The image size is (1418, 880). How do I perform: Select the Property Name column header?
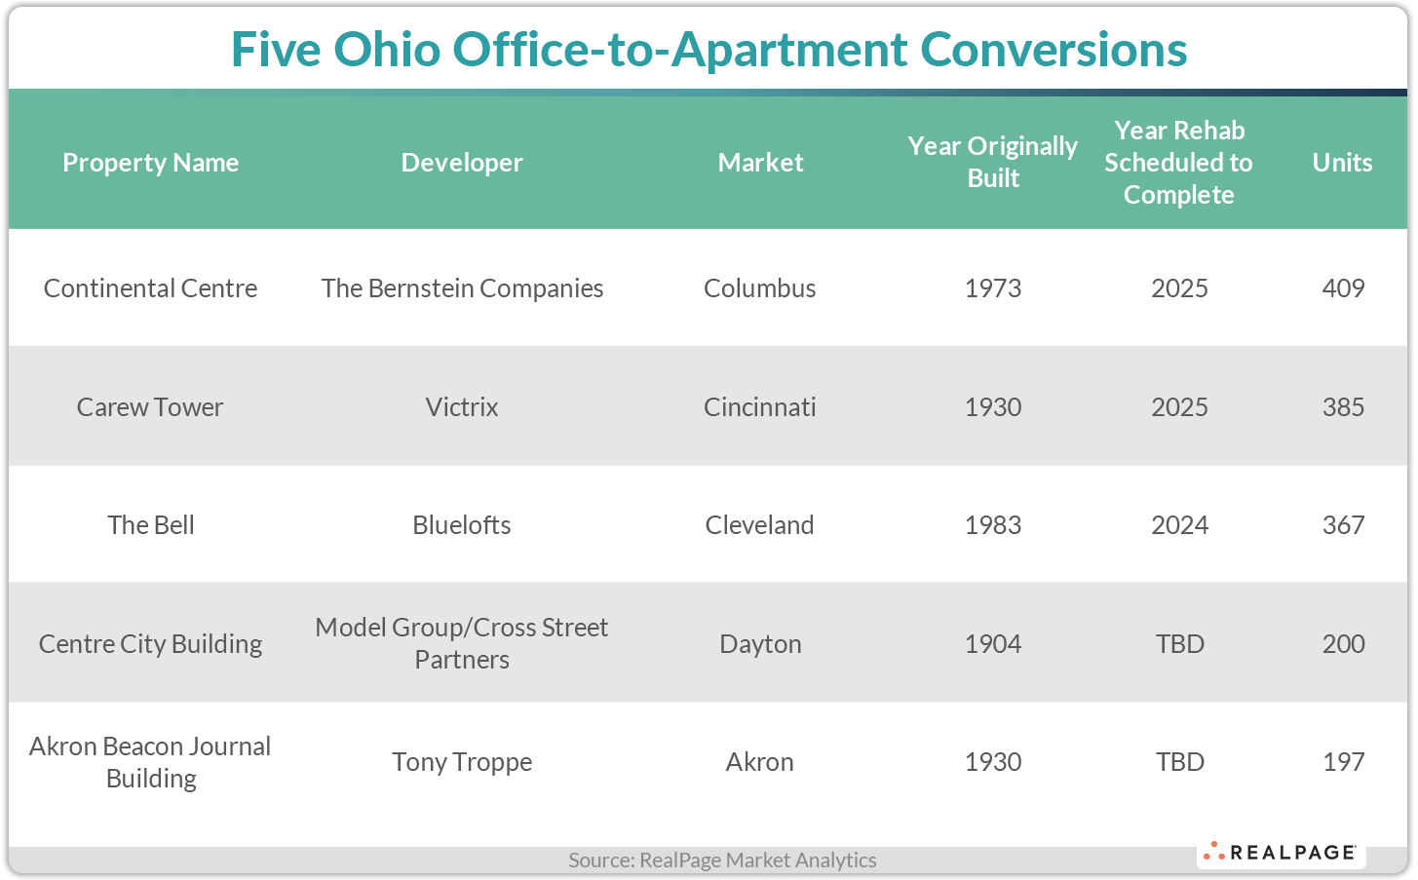coord(151,163)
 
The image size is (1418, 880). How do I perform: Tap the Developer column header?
coord(462,163)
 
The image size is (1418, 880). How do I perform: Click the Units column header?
coord(1342,163)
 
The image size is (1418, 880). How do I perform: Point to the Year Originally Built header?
coord(992,162)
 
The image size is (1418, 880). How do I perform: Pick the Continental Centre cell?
coord(151,288)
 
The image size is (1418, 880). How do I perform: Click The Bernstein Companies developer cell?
coord(462,288)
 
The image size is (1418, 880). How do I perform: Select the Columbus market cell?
coord(760,288)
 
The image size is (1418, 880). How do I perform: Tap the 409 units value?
coord(1343,288)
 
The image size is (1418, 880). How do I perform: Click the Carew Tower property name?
coord(150,407)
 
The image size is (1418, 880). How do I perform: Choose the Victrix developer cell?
coord(462,407)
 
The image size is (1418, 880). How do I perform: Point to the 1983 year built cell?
coord(993,525)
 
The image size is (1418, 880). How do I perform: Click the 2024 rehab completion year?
coord(1179,525)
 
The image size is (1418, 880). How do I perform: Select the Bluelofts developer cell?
coord(462,525)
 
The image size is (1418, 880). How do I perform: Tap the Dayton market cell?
coord(760,644)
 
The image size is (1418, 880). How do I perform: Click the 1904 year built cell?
coord(993,644)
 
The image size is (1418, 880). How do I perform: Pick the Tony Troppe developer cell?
coord(462,762)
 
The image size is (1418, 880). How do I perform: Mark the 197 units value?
coord(1343,762)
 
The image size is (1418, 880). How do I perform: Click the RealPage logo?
coord(1281,853)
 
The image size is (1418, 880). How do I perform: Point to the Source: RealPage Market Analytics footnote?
coord(722,861)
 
